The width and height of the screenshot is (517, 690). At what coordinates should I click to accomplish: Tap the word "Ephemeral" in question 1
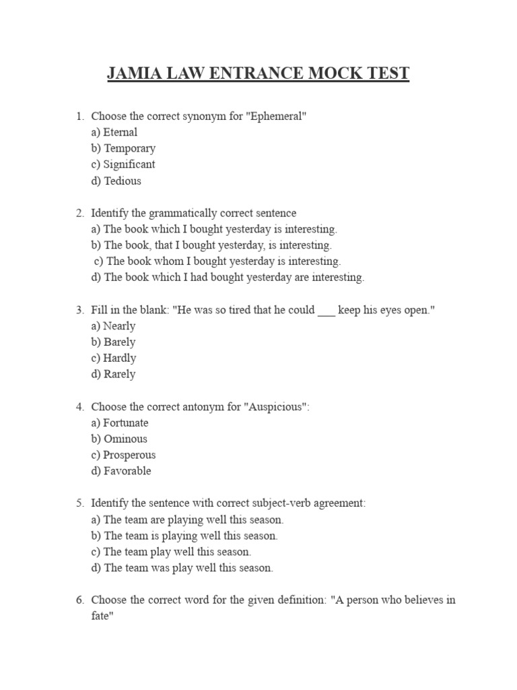click(x=277, y=116)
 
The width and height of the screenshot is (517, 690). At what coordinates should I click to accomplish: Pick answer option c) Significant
click(x=123, y=164)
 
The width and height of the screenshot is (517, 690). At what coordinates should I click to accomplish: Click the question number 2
click(x=79, y=213)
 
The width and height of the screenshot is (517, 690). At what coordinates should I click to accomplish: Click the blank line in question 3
click(x=326, y=310)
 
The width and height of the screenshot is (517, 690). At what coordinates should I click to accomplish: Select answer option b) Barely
click(x=113, y=342)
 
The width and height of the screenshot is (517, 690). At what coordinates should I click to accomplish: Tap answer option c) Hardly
click(x=113, y=358)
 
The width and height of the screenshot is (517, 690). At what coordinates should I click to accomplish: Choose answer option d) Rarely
click(x=113, y=375)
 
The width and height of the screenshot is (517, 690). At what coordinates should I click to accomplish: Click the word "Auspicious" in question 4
click(x=278, y=407)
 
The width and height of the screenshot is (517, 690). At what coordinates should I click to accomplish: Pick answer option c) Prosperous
click(x=123, y=456)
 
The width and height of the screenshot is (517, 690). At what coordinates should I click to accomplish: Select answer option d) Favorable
click(x=121, y=472)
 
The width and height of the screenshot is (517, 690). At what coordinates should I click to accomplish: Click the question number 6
click(x=79, y=600)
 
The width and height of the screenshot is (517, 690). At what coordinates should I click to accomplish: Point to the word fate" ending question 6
click(x=100, y=616)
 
